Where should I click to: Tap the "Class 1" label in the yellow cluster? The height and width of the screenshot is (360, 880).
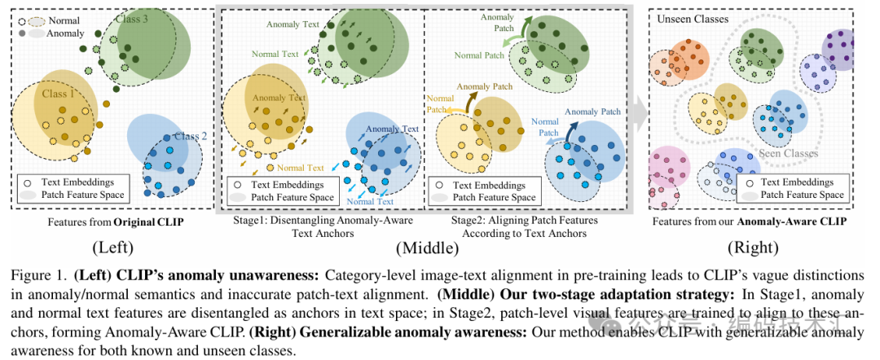coord(59,94)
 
